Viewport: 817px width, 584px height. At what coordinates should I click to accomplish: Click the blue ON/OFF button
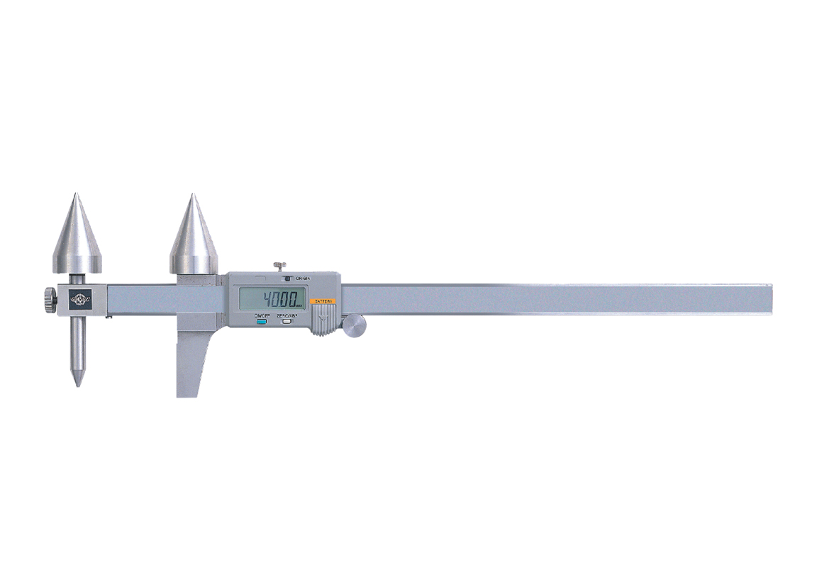(261, 321)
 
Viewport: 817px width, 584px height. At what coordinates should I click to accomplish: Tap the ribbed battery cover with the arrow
(324, 319)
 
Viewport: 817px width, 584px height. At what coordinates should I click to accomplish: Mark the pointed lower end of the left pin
(78, 384)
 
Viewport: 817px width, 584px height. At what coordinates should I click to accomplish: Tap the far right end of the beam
(769, 299)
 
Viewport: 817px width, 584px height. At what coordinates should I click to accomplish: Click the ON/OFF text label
(261, 314)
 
